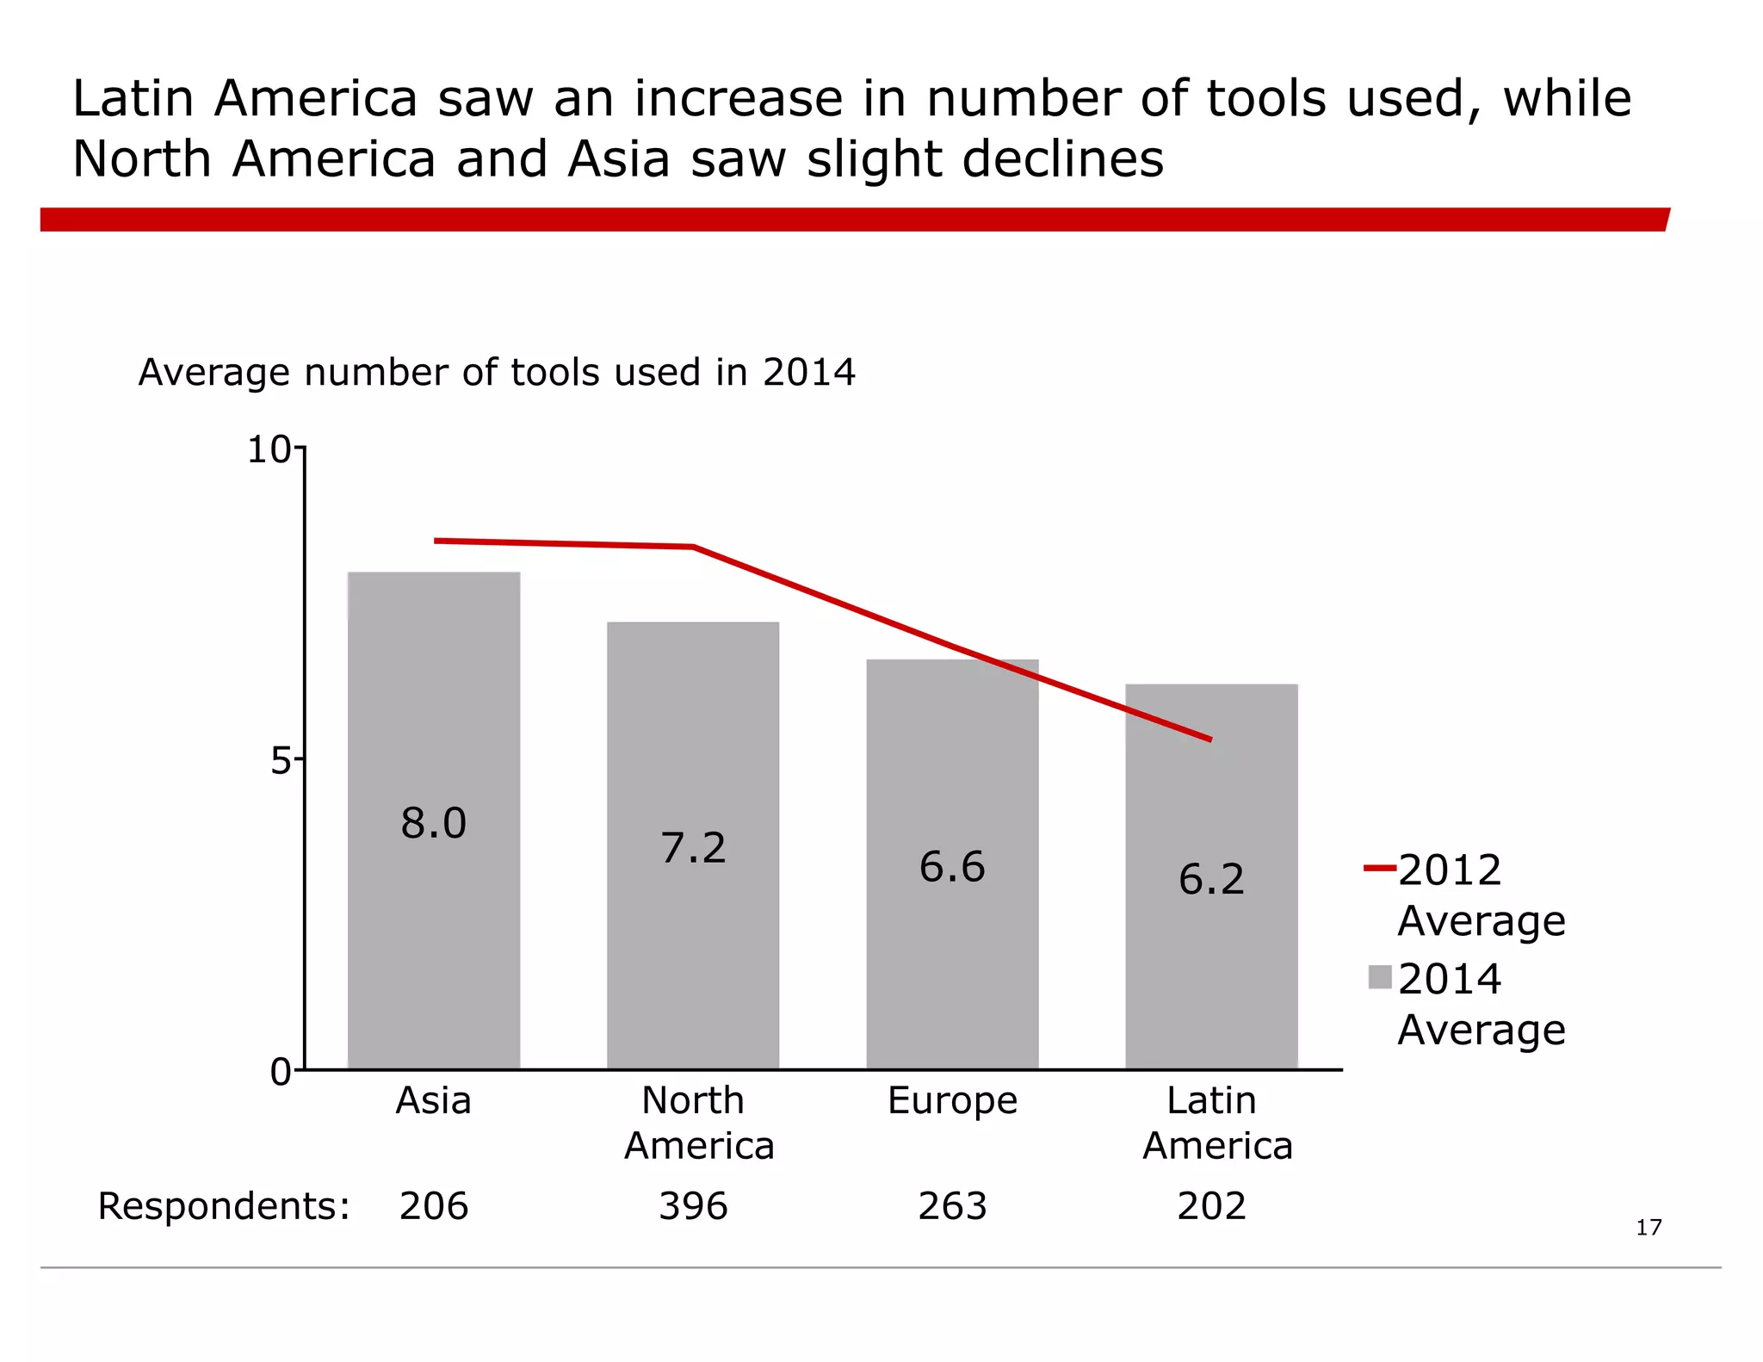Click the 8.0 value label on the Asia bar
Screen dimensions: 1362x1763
click(433, 824)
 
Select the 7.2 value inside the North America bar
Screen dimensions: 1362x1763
click(693, 848)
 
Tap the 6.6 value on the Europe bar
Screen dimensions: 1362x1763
click(952, 867)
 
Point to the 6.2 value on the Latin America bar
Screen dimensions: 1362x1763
click(1211, 880)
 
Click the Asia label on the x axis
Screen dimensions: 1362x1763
click(433, 1101)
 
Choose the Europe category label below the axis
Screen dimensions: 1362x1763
click(952, 1101)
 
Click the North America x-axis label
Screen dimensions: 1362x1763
click(698, 1124)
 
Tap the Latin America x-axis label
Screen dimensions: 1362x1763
click(1216, 1124)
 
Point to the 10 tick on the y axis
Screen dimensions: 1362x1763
click(269, 450)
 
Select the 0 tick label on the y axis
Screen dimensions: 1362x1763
click(281, 1073)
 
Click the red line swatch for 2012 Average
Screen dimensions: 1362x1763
click(1379, 869)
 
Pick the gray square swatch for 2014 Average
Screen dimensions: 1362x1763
click(1380, 977)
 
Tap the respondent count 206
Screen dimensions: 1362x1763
click(433, 1206)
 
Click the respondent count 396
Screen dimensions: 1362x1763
click(693, 1206)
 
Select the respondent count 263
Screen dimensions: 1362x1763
click(952, 1206)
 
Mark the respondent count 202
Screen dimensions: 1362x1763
click(1211, 1206)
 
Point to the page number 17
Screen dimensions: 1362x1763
click(1648, 1228)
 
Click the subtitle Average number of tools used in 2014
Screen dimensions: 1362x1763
click(497, 373)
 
